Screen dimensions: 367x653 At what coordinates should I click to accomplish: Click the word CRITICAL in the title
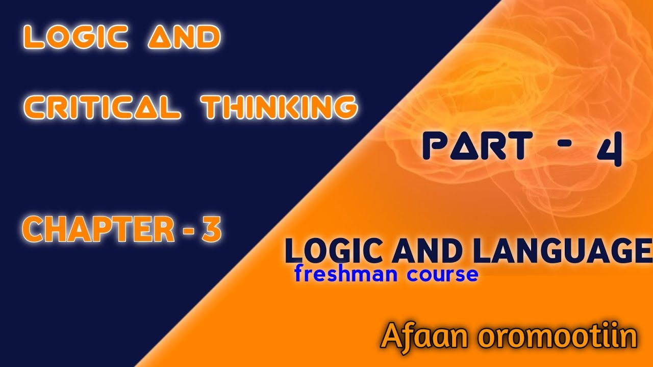coord(102,107)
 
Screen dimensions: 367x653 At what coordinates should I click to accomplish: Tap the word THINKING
coord(279,107)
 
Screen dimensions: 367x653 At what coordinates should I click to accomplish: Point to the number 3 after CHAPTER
coord(211,230)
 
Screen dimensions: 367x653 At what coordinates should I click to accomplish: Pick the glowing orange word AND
coord(184,38)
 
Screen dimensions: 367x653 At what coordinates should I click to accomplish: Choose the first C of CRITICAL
coord(34,107)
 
